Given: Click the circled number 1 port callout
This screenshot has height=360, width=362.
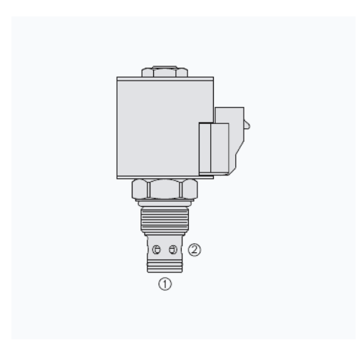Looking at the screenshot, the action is coord(165,284).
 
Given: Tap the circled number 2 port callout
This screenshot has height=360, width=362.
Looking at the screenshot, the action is coord(195,250).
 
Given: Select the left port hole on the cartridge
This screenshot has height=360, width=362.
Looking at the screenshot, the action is coord(156,250).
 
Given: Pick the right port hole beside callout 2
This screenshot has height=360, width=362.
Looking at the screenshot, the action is coord(173,250).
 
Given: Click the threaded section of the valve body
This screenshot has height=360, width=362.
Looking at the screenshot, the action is coord(165,220).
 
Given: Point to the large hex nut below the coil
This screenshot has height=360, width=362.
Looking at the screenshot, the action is coord(165,189).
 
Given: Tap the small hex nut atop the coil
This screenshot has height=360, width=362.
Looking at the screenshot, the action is coord(165,73).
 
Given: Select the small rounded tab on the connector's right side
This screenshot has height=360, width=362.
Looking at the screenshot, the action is coord(247,125).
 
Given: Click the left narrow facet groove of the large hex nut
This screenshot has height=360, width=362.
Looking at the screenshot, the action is coord(148,190).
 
